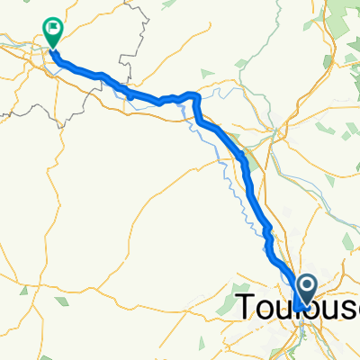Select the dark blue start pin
(306, 290)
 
